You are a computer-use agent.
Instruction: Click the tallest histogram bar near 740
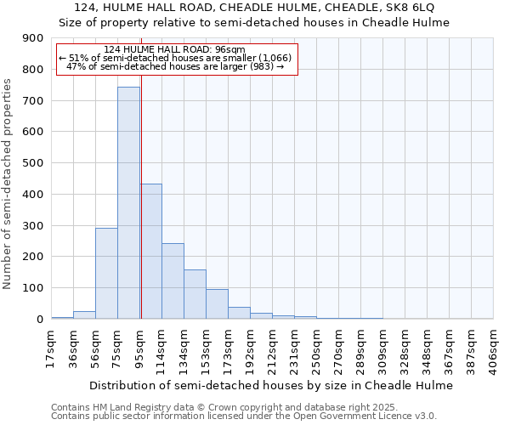(x=128, y=204)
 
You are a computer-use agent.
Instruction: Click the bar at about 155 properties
(x=195, y=294)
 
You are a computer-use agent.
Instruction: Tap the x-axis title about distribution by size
(x=271, y=385)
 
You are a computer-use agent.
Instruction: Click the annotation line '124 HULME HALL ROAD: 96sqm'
(x=174, y=49)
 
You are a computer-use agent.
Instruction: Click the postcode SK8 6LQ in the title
(x=411, y=8)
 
